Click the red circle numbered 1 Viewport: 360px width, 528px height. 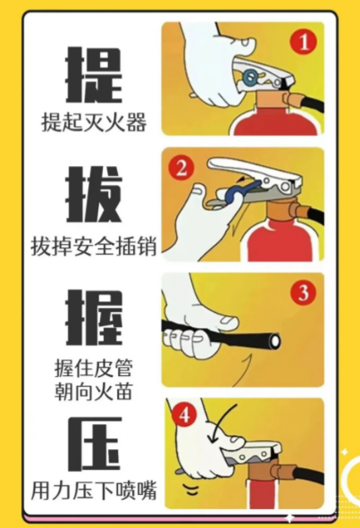tap(304, 42)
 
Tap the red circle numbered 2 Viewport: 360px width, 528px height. tap(181, 167)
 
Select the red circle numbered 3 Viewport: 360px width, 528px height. tap(304, 292)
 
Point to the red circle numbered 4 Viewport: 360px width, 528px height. tap(184, 415)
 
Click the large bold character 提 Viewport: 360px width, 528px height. tap(93, 75)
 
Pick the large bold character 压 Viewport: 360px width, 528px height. tap(94, 444)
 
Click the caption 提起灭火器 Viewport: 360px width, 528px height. tap(94, 122)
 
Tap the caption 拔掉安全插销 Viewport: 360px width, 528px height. tap(94, 247)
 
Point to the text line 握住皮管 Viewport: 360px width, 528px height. tap(94, 368)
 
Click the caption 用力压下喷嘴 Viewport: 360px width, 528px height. tap(94, 490)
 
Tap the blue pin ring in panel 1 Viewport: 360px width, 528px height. tap(250, 77)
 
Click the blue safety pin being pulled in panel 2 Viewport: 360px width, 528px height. tap(242, 191)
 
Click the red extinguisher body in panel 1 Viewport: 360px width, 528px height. tap(274, 122)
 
